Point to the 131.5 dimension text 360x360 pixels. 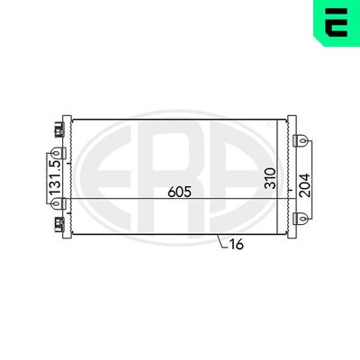56,179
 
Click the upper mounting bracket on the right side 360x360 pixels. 303,141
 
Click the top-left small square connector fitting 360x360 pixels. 61,130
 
